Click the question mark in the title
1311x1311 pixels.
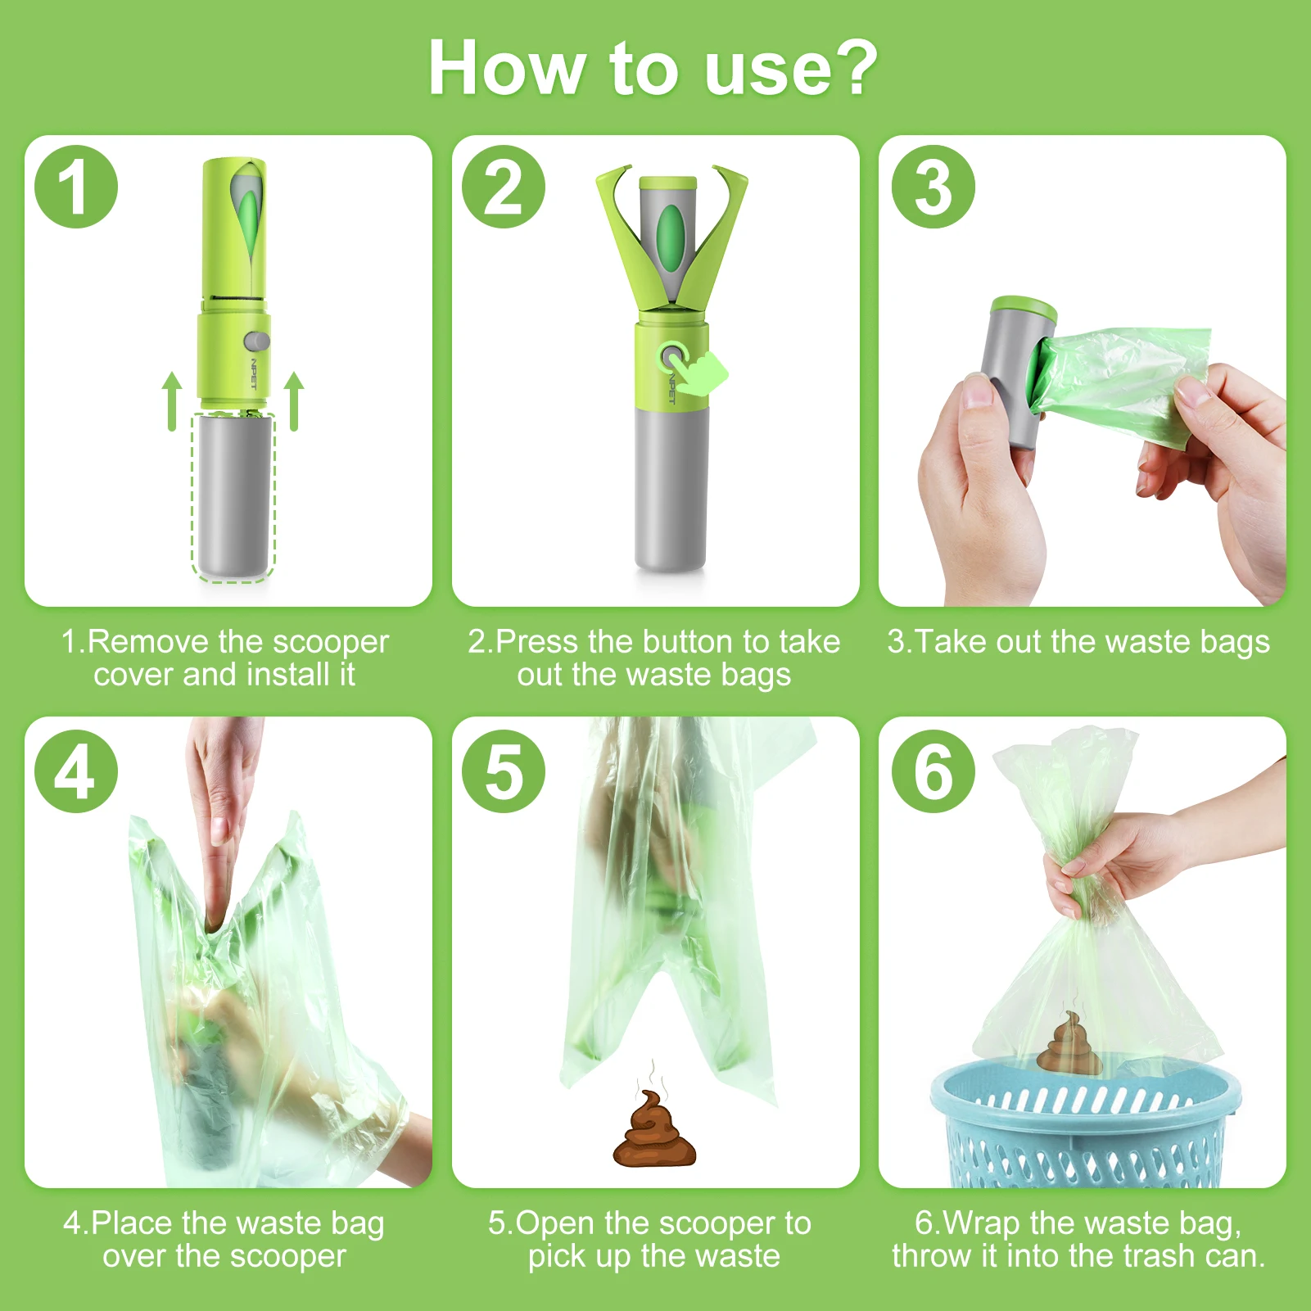[850, 68]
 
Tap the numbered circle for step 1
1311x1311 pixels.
[76, 187]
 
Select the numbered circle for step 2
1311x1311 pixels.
[504, 187]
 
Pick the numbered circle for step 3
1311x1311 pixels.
[934, 187]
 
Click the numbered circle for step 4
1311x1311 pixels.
[76, 771]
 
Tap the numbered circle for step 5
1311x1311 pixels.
[504, 771]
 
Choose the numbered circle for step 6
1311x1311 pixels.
[934, 771]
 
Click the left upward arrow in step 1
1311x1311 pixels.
[172, 401]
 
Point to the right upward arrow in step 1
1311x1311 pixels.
[294, 401]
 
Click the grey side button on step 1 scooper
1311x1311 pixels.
[257, 341]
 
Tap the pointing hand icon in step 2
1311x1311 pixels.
[703, 373]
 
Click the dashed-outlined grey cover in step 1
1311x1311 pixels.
[233, 496]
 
